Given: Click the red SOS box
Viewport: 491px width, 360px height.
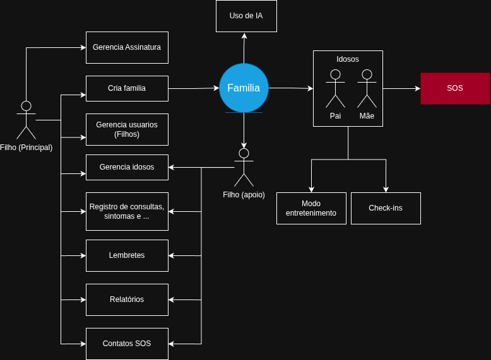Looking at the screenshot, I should click(x=455, y=88).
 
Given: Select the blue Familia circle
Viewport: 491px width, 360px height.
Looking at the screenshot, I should click(x=244, y=88).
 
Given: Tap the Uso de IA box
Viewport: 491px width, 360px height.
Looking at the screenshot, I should click(x=246, y=16).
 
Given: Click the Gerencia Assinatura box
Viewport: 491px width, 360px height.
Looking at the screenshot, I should click(x=127, y=47).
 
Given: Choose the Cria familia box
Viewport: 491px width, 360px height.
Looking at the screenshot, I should click(x=127, y=88).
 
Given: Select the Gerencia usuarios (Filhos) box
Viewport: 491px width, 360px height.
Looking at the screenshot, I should click(x=127, y=129).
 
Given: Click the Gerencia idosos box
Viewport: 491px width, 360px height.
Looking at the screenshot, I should click(x=127, y=167).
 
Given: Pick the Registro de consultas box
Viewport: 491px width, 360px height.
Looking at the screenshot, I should click(x=127, y=211).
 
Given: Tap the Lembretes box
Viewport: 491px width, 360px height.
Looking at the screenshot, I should click(x=127, y=255).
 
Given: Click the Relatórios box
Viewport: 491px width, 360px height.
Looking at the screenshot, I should click(x=127, y=299).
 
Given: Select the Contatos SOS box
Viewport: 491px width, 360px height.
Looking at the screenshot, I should click(x=127, y=344).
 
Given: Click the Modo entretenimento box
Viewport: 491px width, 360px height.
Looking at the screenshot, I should click(x=311, y=208).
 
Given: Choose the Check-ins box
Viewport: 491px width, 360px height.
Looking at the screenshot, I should click(x=386, y=208).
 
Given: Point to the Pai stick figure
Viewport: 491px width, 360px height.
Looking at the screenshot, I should click(x=335, y=88).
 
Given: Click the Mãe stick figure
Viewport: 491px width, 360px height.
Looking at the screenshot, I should click(x=367, y=88).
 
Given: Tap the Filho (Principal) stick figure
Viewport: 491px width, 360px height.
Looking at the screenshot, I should click(x=26, y=120).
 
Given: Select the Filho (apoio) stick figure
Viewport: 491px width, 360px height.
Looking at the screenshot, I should click(x=244, y=167).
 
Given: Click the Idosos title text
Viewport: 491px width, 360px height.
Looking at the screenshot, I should click(x=348, y=59).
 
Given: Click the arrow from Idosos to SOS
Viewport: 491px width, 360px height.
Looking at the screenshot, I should click(x=401, y=88).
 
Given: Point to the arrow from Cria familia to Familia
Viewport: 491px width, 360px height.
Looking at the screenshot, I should click(x=193, y=88).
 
